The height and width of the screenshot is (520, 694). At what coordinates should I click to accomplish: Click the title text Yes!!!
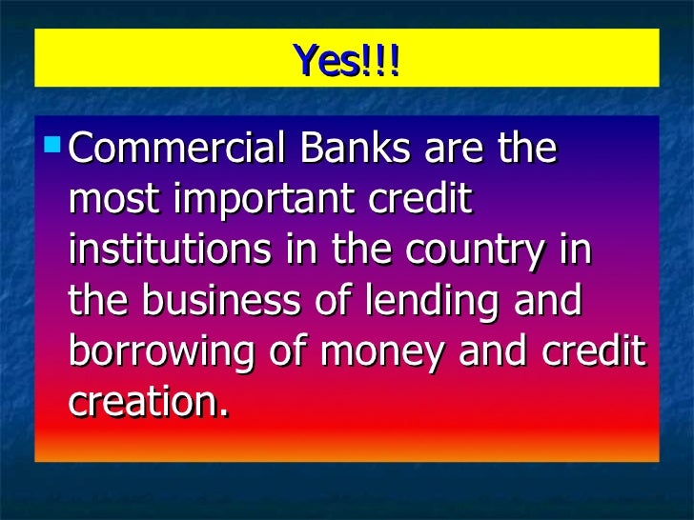(347, 61)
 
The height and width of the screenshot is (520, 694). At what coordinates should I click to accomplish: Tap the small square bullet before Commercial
(53, 147)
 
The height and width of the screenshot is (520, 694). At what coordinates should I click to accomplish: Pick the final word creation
(149, 403)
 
